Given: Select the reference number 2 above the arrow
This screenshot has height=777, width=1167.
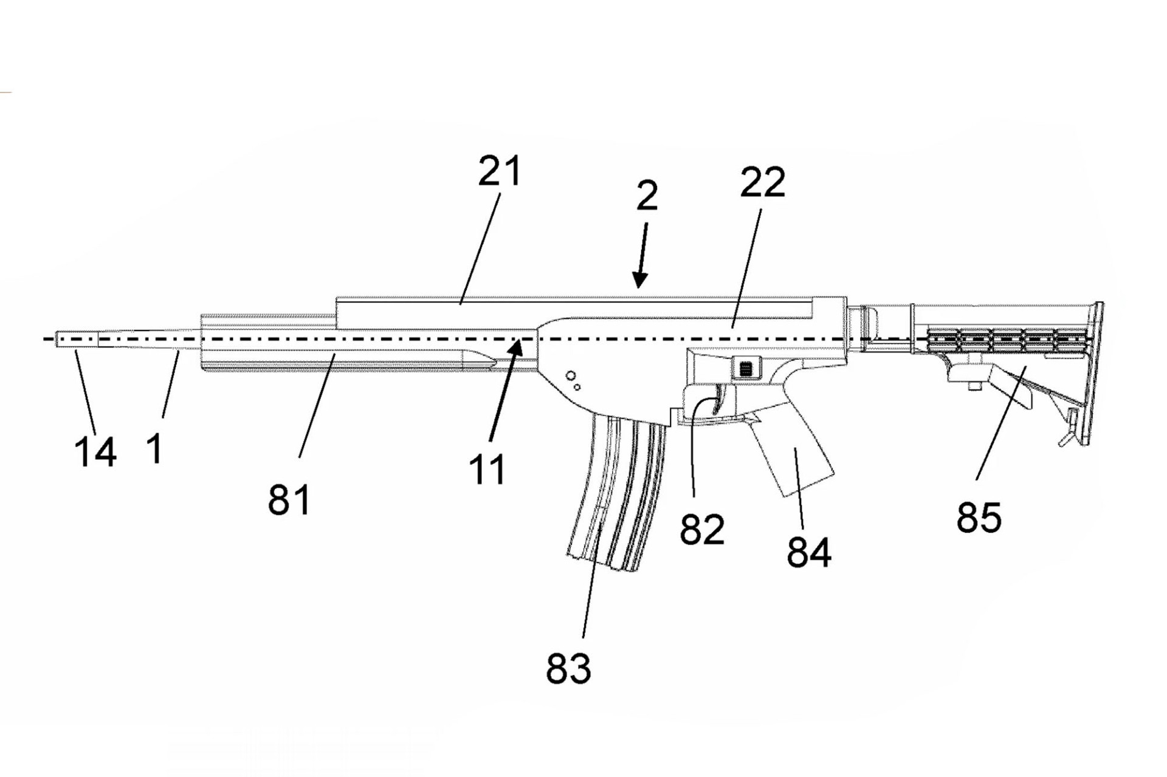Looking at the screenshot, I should coord(647,196).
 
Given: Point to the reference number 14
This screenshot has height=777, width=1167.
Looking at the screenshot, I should coord(95,452).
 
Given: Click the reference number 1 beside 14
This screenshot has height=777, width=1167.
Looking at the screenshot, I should coord(155,449).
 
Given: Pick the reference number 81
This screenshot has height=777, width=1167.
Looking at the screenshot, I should coord(289,500).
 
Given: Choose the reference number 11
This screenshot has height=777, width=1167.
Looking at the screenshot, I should coord(487,470).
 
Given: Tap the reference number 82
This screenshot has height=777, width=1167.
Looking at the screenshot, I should coord(702,529).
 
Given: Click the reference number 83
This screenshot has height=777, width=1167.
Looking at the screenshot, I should coord(568,668).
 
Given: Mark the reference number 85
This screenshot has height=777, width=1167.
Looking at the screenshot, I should coord(979,517).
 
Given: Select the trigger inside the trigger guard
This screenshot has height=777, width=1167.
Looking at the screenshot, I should coord(720,401).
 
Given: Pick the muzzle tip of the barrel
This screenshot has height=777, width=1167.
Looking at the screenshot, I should coord(58,339).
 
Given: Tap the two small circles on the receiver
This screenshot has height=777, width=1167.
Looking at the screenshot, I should coord(573,381).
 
